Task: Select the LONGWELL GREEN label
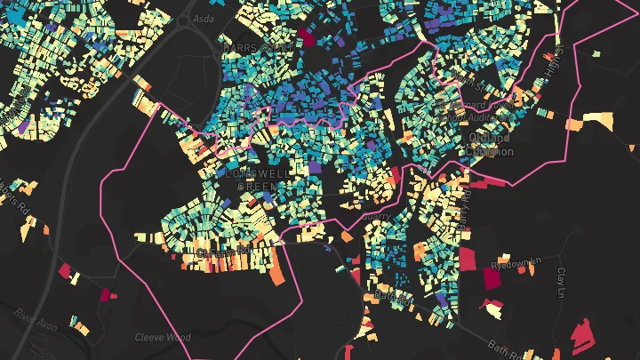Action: click(257, 180)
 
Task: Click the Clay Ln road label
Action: click(561, 282)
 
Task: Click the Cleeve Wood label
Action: click(163, 337)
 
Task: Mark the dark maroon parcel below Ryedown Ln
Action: click(492, 277)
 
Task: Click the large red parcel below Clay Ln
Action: click(582, 334)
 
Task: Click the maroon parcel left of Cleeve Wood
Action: click(107, 294)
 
